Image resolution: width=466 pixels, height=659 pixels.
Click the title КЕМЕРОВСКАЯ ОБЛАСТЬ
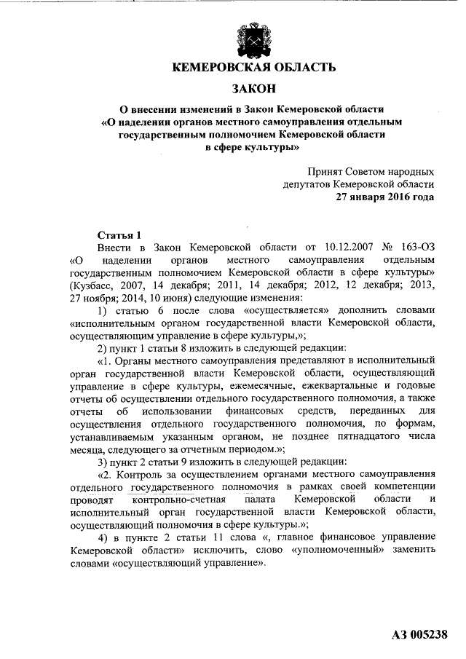coord(253,68)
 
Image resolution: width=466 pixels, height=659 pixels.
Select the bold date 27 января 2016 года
coord(385,197)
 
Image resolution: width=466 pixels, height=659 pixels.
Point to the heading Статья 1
coord(119,235)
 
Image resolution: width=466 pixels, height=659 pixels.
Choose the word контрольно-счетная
coord(180,500)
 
